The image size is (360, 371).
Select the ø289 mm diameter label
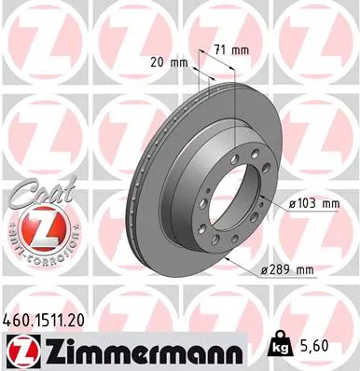[x=289, y=268]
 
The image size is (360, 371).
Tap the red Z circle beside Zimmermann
[x=20, y=346]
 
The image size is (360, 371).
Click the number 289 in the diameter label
[x=285, y=268]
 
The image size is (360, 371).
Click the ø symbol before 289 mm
[x=266, y=268]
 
